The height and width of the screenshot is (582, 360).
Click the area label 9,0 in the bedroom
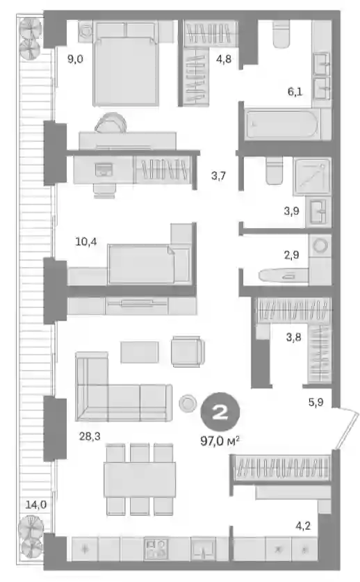pos(75,58)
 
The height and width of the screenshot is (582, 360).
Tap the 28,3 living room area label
pos(90,436)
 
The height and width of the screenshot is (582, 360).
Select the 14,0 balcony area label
pos(36,504)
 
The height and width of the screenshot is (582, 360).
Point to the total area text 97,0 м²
pos(220,441)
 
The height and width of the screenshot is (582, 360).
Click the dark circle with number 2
pos(220,412)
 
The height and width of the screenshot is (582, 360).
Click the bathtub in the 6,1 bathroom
pos(282,124)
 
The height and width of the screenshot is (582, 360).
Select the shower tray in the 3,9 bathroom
pos(312,177)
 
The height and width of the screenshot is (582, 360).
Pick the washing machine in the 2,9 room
pos(320,246)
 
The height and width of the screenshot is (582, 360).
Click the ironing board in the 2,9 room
pos(283,275)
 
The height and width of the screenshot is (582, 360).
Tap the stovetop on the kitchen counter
pos(156,549)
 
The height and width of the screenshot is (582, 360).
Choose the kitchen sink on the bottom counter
pos(203,548)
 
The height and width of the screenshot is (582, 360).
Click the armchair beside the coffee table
pos(188,351)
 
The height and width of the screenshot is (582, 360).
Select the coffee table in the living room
pos(140,353)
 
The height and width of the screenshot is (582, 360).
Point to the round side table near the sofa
pos(188,403)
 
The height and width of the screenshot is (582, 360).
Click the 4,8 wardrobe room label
pos(223,58)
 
